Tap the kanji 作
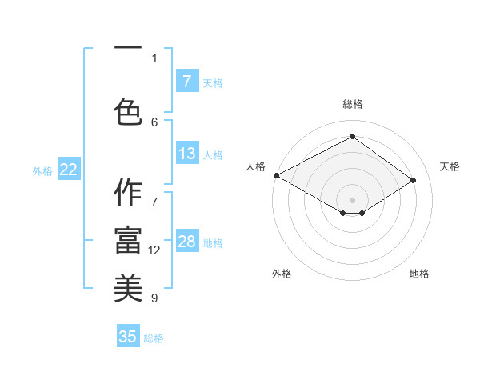tap(127, 193)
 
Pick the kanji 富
tap(127, 241)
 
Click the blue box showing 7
tap(186, 81)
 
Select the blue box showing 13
tap(186, 154)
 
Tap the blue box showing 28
tap(186, 242)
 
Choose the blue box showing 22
tap(68, 170)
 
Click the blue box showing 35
tap(128, 337)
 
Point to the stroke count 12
tap(154, 250)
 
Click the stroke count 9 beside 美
tap(154, 298)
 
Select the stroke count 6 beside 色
tap(154, 122)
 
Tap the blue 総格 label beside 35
tap(154, 338)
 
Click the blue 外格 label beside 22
tap(42, 170)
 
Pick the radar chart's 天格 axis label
tap(450, 166)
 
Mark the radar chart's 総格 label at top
tap(352, 104)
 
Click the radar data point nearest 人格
tap(276, 174)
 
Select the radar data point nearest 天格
tap(414, 181)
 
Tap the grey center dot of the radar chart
tap(352, 198)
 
